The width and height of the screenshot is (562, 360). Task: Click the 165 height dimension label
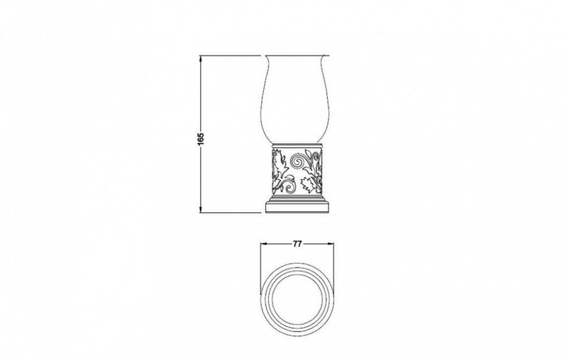201,139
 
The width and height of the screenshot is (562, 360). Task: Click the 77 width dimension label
297,244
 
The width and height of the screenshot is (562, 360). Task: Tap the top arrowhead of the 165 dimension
201,58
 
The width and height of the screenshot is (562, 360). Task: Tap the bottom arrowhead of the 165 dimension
201,209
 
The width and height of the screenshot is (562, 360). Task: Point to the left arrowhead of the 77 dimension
264,244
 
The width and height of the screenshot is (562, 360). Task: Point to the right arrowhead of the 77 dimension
330,244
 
